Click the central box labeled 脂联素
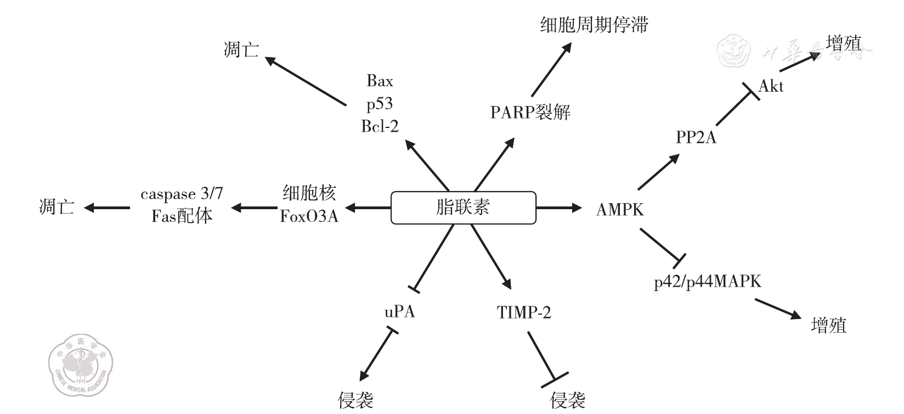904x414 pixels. point(463,208)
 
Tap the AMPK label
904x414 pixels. point(620,209)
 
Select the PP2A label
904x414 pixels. point(696,137)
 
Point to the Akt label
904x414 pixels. point(771,86)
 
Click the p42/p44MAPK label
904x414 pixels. point(708,282)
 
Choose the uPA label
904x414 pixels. point(399,312)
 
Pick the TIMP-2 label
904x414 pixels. point(524,312)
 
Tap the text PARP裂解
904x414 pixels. point(530,113)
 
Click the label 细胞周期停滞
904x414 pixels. point(594,25)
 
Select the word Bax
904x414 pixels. point(380,81)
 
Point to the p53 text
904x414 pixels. point(380,104)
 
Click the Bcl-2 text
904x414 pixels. point(380,126)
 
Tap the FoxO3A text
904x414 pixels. point(309,216)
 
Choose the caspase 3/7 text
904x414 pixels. point(182,194)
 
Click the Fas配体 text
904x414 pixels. point(182,216)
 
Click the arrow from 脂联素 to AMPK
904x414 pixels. point(558,208)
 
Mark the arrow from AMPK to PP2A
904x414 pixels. point(658,172)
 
